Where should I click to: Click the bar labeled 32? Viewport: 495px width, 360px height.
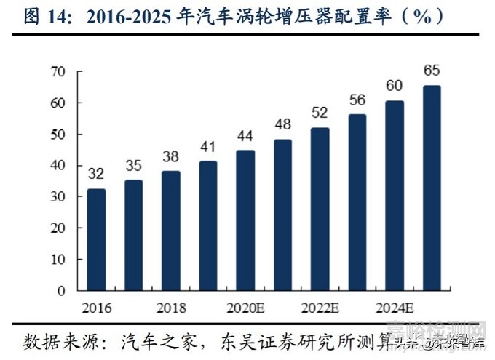coord(96,239)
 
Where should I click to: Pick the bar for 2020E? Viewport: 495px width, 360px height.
coord(245,220)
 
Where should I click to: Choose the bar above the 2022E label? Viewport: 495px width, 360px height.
coord(320,209)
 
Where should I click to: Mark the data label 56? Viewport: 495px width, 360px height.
coord(357,99)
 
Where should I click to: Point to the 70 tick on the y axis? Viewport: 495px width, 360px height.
coord(58,71)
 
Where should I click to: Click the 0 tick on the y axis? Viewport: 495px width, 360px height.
coord(63,290)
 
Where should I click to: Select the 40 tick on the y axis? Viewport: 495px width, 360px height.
coord(58,165)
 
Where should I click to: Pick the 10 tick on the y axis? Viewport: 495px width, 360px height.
coord(58,259)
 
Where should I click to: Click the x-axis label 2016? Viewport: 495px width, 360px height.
coord(97,307)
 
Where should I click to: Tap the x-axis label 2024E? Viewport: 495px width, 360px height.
coord(394,307)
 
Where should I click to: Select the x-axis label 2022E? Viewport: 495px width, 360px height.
coord(320,307)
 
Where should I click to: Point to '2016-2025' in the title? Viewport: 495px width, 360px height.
coord(131,18)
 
